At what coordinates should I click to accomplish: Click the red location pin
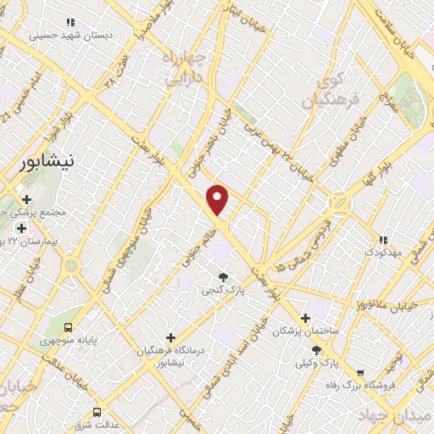pyautogui.click(x=219, y=200)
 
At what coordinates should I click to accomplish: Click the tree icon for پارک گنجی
pyautogui.click(x=223, y=276)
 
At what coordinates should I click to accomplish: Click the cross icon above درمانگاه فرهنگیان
pyautogui.click(x=171, y=337)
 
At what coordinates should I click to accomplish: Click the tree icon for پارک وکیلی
pyautogui.click(x=316, y=349)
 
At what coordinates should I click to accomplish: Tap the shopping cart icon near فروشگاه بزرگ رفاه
pyautogui.click(x=359, y=372)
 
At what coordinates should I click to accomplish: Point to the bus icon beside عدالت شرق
pyautogui.click(x=97, y=412)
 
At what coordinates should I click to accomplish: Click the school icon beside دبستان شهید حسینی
pyautogui.click(x=70, y=23)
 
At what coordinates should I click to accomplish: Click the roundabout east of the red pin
pyautogui.click(x=342, y=203)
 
